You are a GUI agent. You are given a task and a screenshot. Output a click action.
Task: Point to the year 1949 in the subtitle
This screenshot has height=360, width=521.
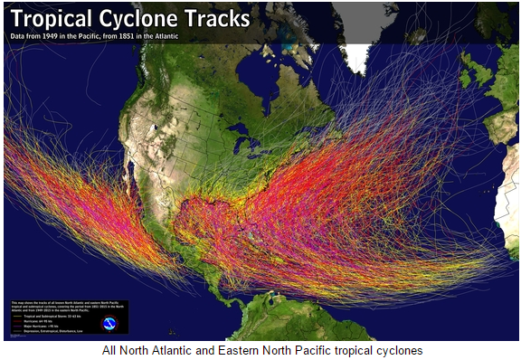[83, 37]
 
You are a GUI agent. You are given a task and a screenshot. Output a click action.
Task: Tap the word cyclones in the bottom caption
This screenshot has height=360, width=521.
[397, 350]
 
